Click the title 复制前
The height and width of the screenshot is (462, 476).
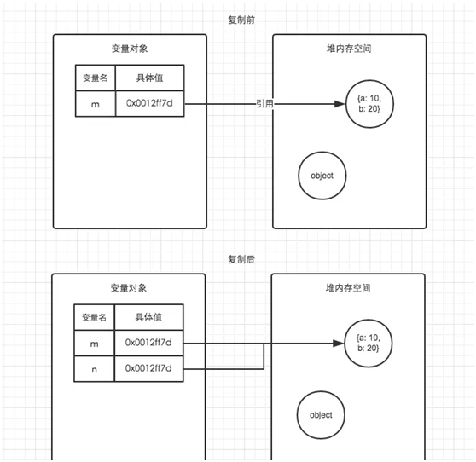241,20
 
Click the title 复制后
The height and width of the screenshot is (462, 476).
241,259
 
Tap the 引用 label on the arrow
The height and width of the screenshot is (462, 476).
264,104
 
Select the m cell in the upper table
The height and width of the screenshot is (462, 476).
96,104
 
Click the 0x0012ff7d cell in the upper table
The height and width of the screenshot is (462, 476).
149,103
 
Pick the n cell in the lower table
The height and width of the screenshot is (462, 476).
94,369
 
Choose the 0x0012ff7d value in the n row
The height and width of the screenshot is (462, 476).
148,368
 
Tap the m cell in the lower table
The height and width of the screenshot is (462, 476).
94,344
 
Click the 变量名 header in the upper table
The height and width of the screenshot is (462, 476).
96,78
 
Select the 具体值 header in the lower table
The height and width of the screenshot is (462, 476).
148,317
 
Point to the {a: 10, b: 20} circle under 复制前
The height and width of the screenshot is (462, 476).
369,104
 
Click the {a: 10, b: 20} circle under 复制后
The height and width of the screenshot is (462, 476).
369,344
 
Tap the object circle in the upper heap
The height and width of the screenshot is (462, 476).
322,176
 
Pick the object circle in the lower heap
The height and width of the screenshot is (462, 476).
321,415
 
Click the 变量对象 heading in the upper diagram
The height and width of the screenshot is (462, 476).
130,49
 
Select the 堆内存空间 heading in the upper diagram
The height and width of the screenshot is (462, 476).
349,49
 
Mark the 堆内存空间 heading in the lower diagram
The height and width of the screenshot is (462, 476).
348,288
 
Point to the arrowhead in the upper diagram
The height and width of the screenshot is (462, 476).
340,104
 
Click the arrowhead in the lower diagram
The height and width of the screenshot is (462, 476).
339,344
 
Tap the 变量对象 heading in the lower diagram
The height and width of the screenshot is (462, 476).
129,288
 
